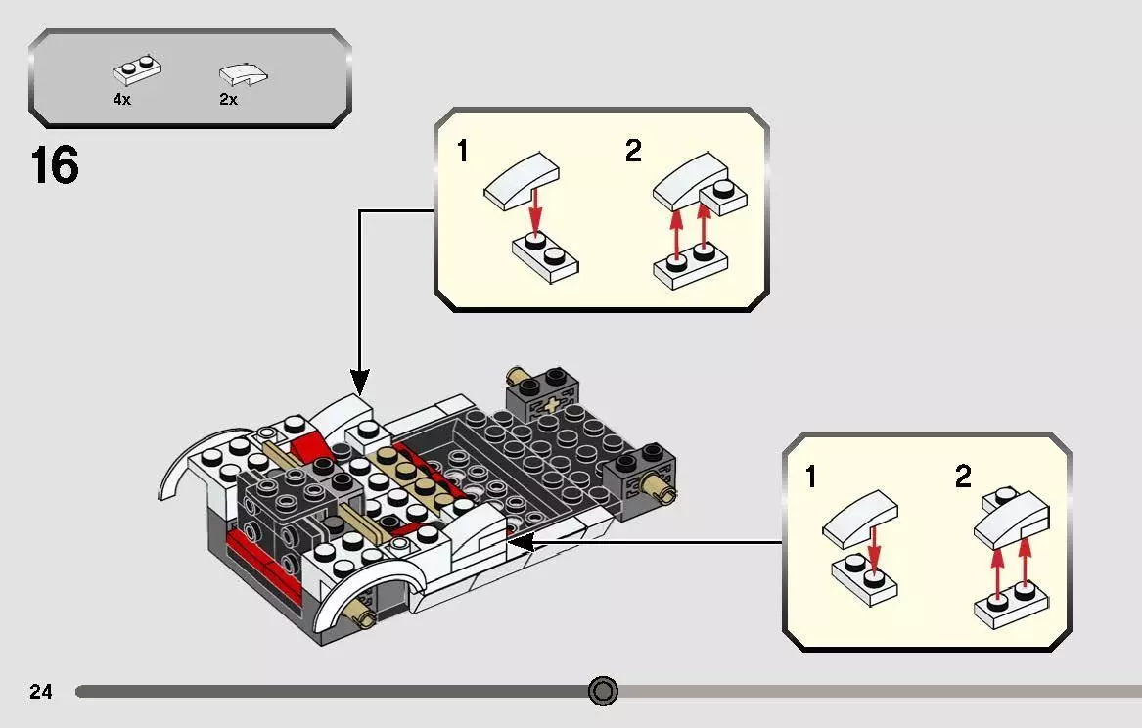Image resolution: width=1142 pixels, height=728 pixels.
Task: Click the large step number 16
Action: click(x=54, y=165)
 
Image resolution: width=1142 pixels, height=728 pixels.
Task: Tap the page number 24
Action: click(x=41, y=692)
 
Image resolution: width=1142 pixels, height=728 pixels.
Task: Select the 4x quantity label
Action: click(x=121, y=100)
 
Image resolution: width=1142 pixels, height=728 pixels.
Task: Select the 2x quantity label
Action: click(x=228, y=100)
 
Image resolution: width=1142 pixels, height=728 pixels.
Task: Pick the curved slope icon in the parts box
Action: click(x=243, y=73)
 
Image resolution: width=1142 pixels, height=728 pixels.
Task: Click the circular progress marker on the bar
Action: click(x=603, y=692)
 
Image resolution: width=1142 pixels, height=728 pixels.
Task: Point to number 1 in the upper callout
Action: click(x=463, y=153)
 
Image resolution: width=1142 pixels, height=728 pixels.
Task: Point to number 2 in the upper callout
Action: click(x=633, y=152)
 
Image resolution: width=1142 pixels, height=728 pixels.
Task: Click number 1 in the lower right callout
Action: click(x=809, y=478)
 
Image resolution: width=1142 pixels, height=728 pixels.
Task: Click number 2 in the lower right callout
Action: click(x=963, y=478)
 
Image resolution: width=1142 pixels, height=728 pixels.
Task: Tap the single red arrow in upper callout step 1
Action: click(x=534, y=212)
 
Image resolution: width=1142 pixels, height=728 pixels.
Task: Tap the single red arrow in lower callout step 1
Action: click(x=873, y=552)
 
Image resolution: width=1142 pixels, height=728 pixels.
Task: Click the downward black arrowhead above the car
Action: click(x=360, y=382)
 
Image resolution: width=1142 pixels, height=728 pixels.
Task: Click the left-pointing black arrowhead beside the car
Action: click(x=519, y=541)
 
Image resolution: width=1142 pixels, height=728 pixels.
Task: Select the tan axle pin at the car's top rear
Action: click(x=517, y=377)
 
